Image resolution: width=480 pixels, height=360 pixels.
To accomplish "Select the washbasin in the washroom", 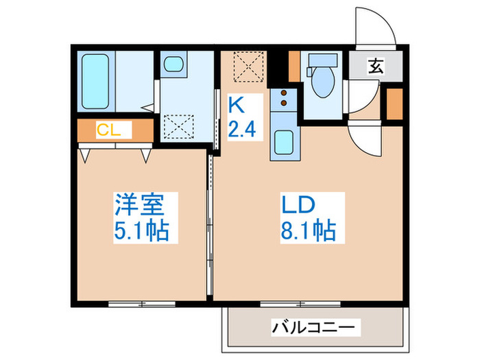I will point(173,66).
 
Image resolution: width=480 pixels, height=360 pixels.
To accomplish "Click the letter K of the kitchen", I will point(235,105).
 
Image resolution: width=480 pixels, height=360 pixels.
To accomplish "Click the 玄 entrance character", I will point(376,67).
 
